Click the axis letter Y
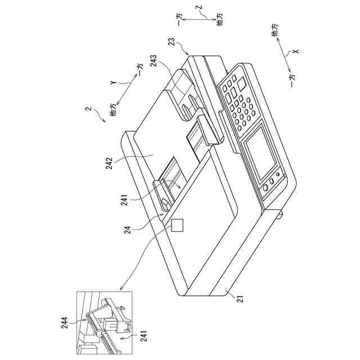pos(112,82)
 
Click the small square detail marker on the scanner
pos(178,225)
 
